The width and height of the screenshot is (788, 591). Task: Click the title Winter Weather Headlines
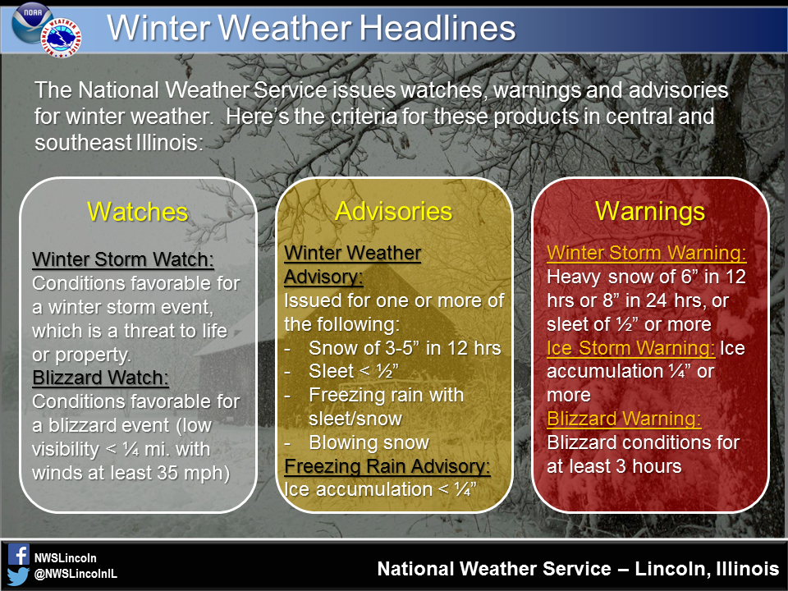[311, 29]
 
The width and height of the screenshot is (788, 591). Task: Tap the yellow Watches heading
[138, 212]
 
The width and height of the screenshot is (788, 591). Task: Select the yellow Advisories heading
[393, 211]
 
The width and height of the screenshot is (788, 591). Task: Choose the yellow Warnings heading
[650, 211]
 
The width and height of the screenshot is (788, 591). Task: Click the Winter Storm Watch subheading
[123, 260]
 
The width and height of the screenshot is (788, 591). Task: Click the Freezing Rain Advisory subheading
[387, 466]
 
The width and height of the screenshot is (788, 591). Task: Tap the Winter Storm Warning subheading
[647, 253]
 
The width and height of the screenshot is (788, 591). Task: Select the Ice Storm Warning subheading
[630, 348]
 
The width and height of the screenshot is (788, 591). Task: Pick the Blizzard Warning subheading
[624, 419]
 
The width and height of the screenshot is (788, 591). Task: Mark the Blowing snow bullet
[369, 442]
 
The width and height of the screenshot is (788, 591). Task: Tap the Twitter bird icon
[18, 574]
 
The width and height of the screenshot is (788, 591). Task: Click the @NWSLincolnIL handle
[75, 575]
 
